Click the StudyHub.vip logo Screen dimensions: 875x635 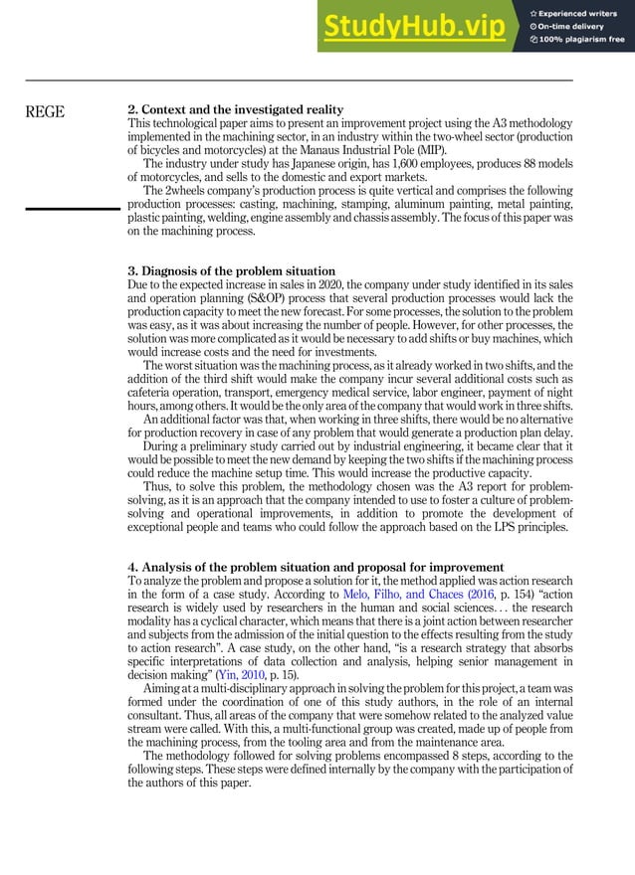tap(419, 26)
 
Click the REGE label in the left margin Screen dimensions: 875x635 tap(46, 111)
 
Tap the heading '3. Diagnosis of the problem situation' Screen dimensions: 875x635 tap(235, 271)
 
